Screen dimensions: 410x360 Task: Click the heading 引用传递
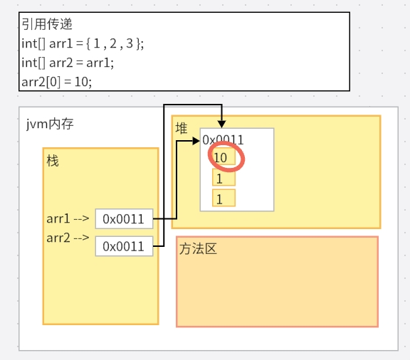pyautogui.click(x=47, y=24)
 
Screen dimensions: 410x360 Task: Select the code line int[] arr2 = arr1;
pyautogui.click(x=68, y=63)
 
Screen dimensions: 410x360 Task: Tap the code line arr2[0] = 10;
pyautogui.click(x=57, y=82)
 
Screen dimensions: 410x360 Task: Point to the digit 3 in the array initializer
pyautogui.click(x=130, y=43)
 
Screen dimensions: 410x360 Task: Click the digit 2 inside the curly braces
pyautogui.click(x=113, y=43)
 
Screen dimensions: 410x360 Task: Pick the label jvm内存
pyautogui.click(x=50, y=124)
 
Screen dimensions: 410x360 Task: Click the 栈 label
pyautogui.click(x=53, y=161)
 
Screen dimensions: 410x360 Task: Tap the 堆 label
pyautogui.click(x=182, y=128)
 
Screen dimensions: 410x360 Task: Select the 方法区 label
pyautogui.click(x=198, y=248)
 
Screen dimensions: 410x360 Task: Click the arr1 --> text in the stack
pyautogui.click(x=68, y=218)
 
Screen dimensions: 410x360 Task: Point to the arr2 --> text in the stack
pyautogui.click(x=68, y=238)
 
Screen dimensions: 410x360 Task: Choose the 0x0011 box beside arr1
pyautogui.click(x=124, y=219)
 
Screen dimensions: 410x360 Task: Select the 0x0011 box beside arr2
pyautogui.click(x=124, y=246)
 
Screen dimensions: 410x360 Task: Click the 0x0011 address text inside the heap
pyautogui.click(x=223, y=140)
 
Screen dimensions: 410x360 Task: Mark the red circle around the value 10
pyautogui.click(x=244, y=159)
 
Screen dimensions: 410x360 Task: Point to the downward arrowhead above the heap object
pyautogui.click(x=222, y=124)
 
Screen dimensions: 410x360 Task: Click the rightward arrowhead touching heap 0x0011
pyautogui.click(x=196, y=141)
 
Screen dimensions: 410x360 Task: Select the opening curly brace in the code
pyautogui.click(x=88, y=43)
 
